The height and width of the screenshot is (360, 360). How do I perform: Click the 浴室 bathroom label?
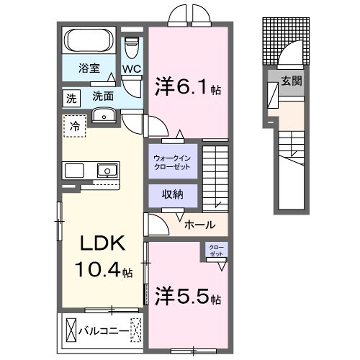tap(90, 69)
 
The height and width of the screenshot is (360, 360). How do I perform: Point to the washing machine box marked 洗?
tap(72, 98)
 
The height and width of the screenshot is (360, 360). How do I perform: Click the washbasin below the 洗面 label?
tap(102, 117)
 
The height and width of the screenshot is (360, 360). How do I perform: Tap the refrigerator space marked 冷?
tap(73, 127)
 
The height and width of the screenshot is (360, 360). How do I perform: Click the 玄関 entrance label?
tap(290, 82)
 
